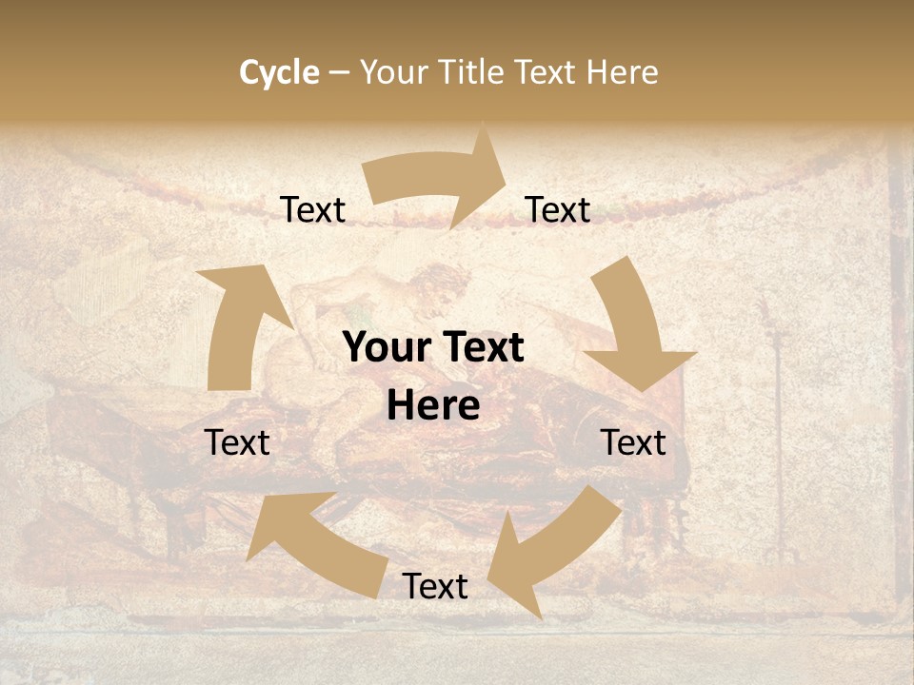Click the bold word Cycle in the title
(279, 72)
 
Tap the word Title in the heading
(476, 72)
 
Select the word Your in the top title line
(393, 72)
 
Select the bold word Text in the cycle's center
(480, 348)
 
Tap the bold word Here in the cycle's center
(433, 406)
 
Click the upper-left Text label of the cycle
(312, 210)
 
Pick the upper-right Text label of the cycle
(558, 210)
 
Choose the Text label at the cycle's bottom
(434, 587)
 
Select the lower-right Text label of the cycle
(633, 443)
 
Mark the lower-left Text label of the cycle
(238, 443)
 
